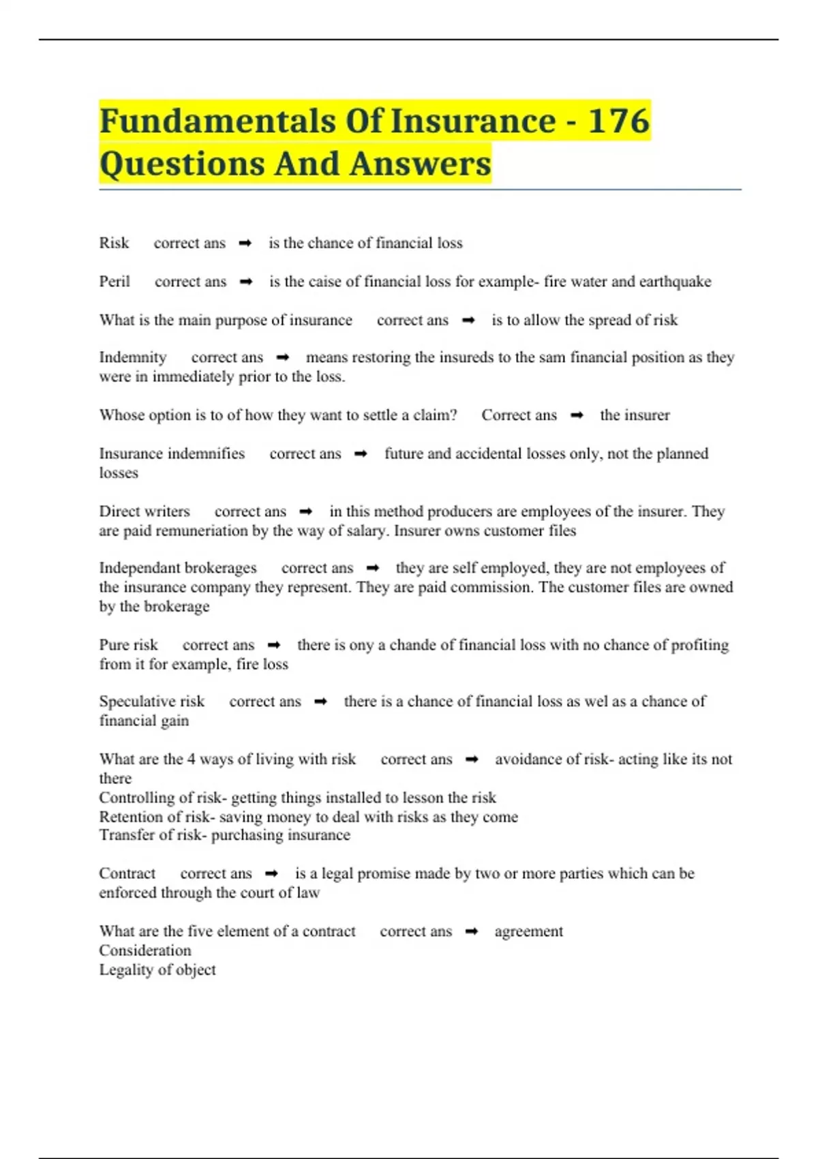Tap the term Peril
click(115, 282)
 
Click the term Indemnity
click(133, 357)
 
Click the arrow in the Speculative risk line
click(321, 702)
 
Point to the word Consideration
click(145, 950)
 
